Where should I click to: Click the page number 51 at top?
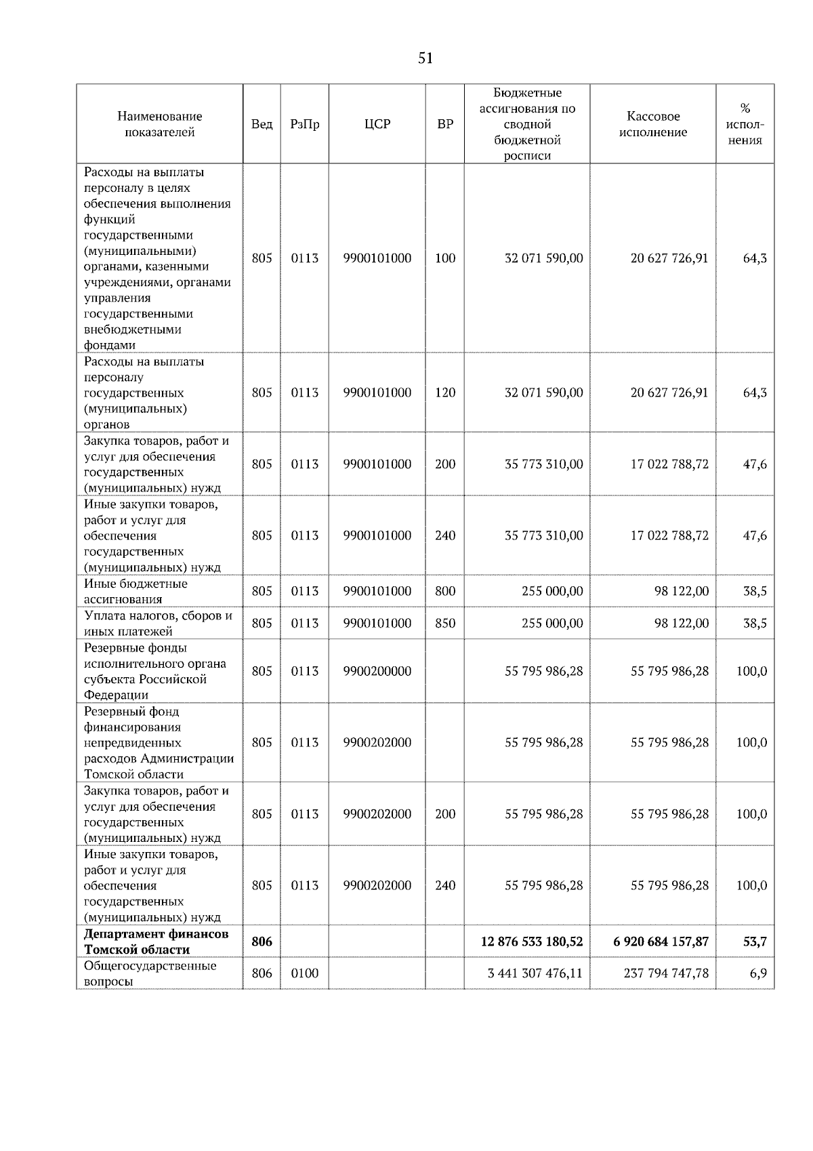(425, 58)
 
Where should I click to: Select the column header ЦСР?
(377, 124)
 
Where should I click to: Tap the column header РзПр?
(304, 124)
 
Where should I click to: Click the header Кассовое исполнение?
(653, 124)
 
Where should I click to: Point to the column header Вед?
(262, 124)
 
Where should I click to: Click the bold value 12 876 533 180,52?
(532, 942)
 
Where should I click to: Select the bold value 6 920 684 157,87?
(661, 942)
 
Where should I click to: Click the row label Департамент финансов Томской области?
(157, 942)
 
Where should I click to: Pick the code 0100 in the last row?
(304, 973)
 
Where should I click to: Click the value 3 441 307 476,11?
(535, 973)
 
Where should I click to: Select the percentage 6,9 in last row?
(759, 973)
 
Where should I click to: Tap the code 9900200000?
(377, 671)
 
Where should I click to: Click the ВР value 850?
(445, 623)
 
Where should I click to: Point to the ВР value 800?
(445, 591)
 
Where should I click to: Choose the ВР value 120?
(445, 392)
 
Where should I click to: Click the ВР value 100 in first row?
(445, 258)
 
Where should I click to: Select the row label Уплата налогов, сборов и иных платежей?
(159, 623)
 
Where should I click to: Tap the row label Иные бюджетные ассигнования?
(135, 591)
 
